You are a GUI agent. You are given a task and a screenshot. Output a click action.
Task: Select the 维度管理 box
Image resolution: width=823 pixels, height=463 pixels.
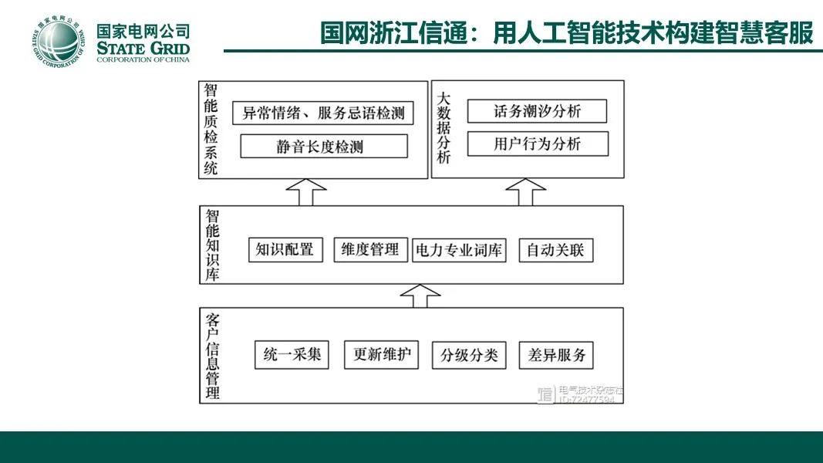click(x=370, y=249)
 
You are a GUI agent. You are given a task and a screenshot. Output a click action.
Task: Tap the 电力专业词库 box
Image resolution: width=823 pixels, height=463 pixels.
click(x=459, y=250)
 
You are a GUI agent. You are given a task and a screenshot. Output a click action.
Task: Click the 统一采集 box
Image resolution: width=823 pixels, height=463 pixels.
click(x=292, y=355)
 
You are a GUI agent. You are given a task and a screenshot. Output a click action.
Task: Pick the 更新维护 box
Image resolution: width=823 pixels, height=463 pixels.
click(x=381, y=355)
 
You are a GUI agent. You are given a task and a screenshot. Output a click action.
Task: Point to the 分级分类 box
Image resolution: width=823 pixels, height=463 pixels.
click(x=469, y=356)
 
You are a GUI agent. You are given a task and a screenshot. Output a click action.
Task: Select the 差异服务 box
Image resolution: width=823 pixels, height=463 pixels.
click(x=556, y=355)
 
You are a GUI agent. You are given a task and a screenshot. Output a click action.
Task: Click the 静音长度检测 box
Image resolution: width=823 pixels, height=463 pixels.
click(x=324, y=146)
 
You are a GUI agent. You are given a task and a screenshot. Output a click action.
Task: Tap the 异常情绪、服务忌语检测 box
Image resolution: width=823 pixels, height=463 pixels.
click(x=323, y=113)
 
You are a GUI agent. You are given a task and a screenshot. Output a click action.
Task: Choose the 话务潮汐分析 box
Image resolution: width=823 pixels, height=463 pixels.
click(x=537, y=111)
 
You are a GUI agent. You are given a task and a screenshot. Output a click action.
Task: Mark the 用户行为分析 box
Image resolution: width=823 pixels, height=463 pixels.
click(x=538, y=144)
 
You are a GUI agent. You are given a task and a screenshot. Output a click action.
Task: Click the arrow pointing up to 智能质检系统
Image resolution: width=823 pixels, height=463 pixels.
click(x=305, y=191)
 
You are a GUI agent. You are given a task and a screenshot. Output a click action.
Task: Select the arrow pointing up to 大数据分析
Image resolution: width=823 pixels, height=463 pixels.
click(x=526, y=191)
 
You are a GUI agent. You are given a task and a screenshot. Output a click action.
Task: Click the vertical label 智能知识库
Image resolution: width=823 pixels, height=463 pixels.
click(x=212, y=245)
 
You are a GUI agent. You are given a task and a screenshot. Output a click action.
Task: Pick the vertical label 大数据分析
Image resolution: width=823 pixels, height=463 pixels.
click(x=444, y=128)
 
